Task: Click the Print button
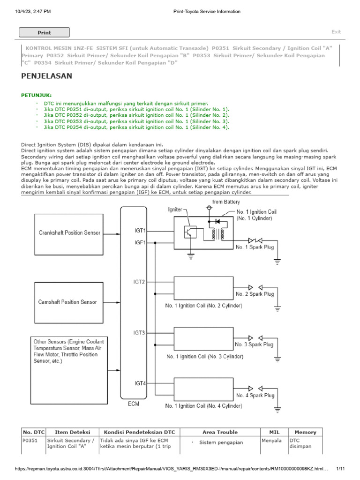(x=44, y=32)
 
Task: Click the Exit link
(x=336, y=32)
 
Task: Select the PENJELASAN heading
(x=47, y=76)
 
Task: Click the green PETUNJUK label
(x=37, y=95)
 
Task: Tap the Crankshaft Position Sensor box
(x=69, y=232)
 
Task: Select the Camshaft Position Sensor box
(x=67, y=302)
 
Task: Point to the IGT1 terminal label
(x=140, y=231)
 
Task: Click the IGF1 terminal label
(x=140, y=243)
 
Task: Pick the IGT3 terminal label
(x=140, y=333)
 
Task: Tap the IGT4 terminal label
(x=140, y=383)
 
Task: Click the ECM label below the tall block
(x=134, y=404)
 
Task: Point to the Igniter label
(x=175, y=210)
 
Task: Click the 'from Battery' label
(x=226, y=202)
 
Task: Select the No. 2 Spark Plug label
(x=255, y=294)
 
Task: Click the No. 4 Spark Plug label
(x=255, y=396)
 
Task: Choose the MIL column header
(x=274, y=432)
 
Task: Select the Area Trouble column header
(x=220, y=432)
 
